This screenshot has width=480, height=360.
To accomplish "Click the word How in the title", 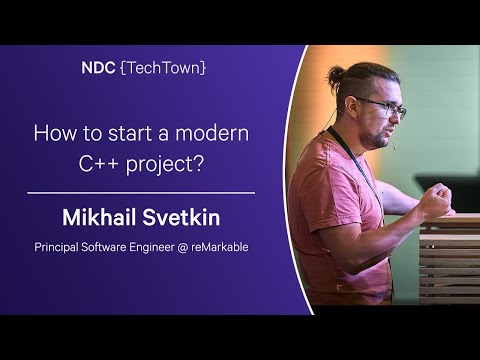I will point(53,133).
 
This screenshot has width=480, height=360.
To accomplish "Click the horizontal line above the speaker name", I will point(140,192).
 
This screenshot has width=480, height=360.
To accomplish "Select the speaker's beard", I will point(376,135).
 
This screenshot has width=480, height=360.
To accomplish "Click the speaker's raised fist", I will point(434,199).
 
